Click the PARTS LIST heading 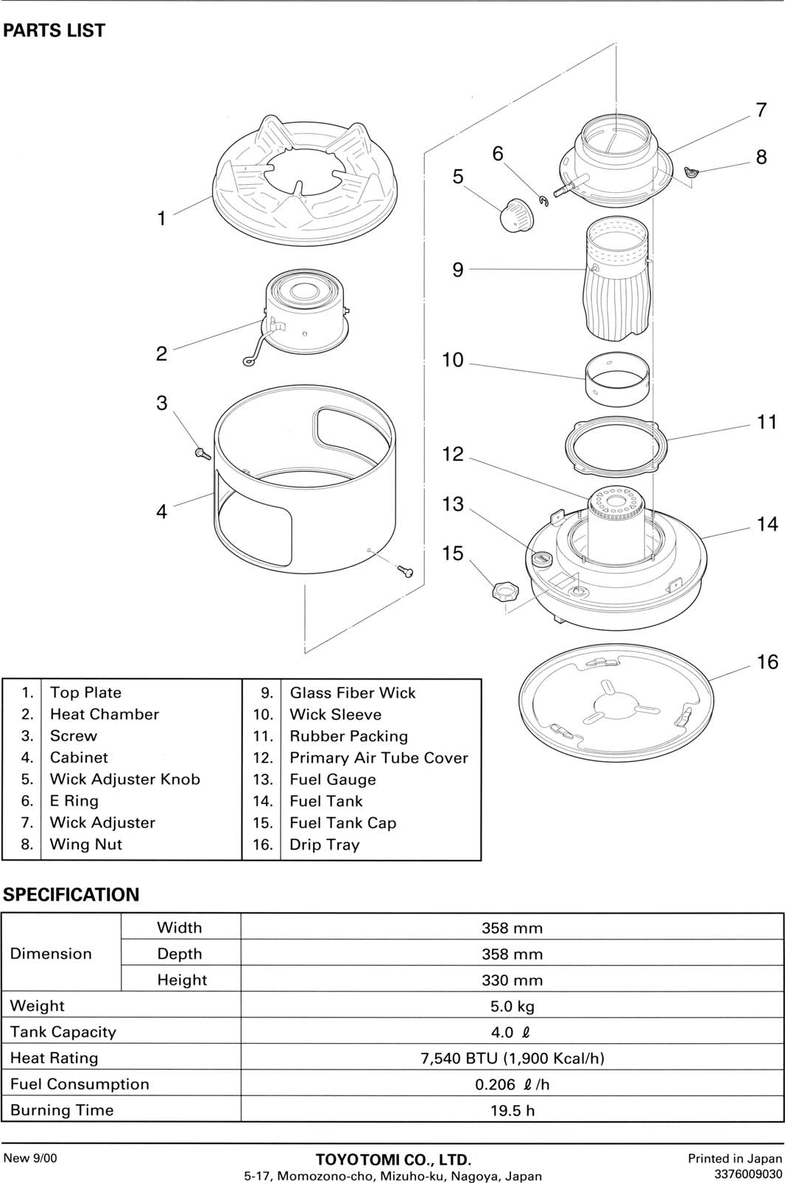tap(54, 31)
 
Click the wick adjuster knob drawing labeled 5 tap(516, 214)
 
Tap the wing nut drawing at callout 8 tap(690, 173)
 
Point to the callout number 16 tap(767, 662)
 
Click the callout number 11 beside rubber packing tap(767, 422)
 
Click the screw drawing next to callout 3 tap(203, 453)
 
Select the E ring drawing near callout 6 tap(543, 200)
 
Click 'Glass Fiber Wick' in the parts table tap(352, 693)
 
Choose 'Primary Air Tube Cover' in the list tap(379, 758)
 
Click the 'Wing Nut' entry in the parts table tap(85, 844)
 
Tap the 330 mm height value tap(512, 980)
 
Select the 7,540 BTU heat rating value tap(512, 1058)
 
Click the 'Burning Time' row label tap(62, 1110)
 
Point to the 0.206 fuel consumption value tap(512, 1084)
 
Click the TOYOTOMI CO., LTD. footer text tap(392, 1160)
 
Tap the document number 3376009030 tap(747, 1173)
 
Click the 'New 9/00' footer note tap(29, 1158)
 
